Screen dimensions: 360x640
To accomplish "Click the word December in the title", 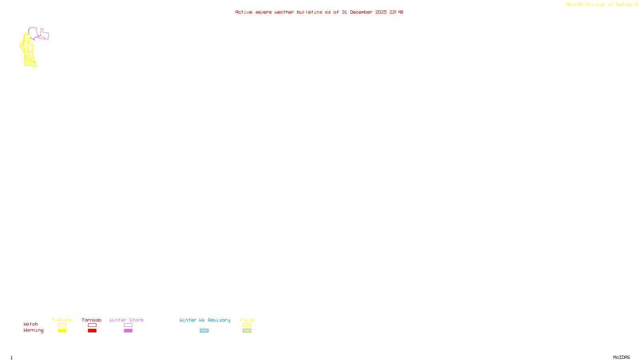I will coord(361,12).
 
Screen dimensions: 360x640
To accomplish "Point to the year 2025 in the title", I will coord(381,12).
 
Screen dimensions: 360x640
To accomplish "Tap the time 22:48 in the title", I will coord(396,12).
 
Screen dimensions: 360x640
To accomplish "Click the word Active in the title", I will coord(244,12).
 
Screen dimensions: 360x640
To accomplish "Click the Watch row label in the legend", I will coord(31,324).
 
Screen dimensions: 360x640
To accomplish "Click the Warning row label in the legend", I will coord(34,330).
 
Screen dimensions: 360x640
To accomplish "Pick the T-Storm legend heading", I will coord(62,320).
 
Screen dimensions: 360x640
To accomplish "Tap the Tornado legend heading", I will coord(92,320).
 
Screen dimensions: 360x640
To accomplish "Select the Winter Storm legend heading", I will coord(126,320).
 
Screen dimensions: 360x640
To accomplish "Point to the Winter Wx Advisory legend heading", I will coord(205,320).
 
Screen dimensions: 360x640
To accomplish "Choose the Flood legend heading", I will coord(247,320).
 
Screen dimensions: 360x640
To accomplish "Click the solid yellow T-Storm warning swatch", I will coord(62,331).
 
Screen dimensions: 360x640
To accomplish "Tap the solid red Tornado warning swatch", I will coord(92,331).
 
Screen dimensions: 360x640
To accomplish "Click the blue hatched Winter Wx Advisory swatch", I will coord(204,331).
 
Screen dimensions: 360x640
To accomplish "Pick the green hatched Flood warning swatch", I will coord(247,331).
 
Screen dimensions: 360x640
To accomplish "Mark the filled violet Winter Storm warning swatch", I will coord(128,331).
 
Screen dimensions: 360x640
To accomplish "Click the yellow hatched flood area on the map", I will coord(28,50).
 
